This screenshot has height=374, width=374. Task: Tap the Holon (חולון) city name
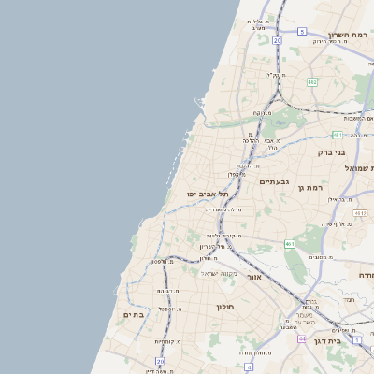click(223, 307)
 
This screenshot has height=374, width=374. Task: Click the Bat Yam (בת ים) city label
click(134, 315)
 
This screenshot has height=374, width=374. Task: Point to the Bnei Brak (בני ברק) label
click(332, 151)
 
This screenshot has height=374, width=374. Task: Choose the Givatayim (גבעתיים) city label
click(274, 181)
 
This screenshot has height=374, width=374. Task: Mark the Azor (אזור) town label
click(253, 277)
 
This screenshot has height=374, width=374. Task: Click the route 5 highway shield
click(302, 31)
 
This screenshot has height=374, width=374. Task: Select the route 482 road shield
click(311, 82)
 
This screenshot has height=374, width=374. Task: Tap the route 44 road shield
click(302, 338)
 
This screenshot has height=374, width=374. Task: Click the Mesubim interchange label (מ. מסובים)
click(322, 256)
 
